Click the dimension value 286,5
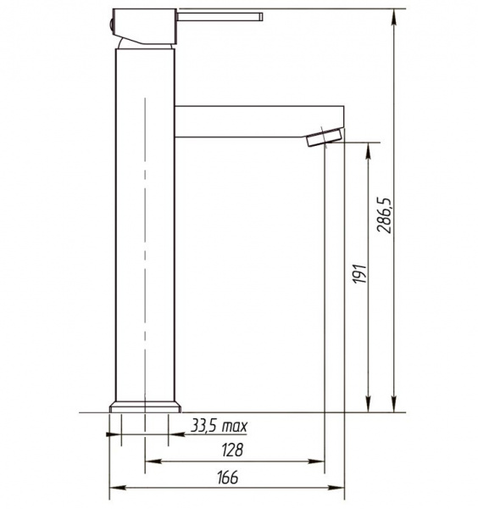[x=385, y=215]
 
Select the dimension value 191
[x=359, y=274]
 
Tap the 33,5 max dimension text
[x=220, y=426]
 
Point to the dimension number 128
[x=232, y=450]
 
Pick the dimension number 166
[x=228, y=477]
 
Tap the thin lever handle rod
[x=220, y=17]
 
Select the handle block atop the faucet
[x=145, y=26]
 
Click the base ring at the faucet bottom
[x=145, y=407]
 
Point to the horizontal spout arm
[x=259, y=121]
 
